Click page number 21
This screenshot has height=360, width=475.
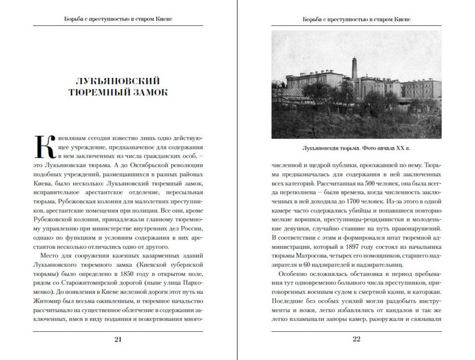point(118,339)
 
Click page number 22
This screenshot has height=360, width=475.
point(357,339)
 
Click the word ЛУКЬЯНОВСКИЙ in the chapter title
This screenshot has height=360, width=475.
point(118,81)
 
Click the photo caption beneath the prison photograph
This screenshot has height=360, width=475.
point(356,148)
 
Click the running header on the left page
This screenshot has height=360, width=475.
point(118,19)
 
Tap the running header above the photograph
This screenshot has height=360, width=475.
point(356,19)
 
